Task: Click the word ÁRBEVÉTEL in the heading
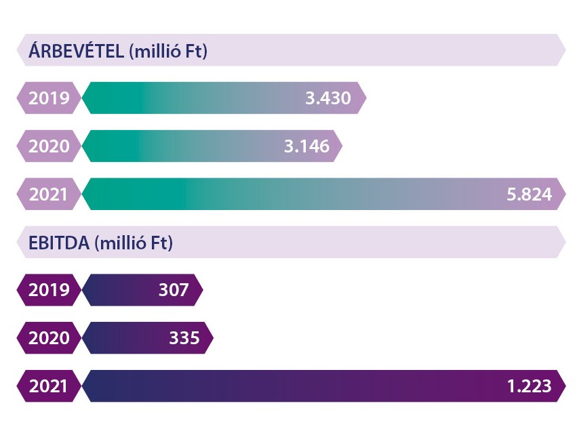(x=76, y=51)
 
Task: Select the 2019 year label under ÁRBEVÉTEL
(x=49, y=98)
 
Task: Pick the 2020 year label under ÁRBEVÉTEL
(x=49, y=146)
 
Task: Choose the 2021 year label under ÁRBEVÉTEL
(x=49, y=194)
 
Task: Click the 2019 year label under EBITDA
(x=49, y=290)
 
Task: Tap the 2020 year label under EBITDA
(x=49, y=338)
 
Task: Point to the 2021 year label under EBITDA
(x=49, y=386)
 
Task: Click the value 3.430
(x=328, y=98)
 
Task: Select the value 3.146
(x=306, y=146)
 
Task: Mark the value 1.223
(x=528, y=386)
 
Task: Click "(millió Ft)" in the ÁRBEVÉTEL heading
(x=167, y=51)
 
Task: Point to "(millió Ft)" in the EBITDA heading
(x=134, y=243)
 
